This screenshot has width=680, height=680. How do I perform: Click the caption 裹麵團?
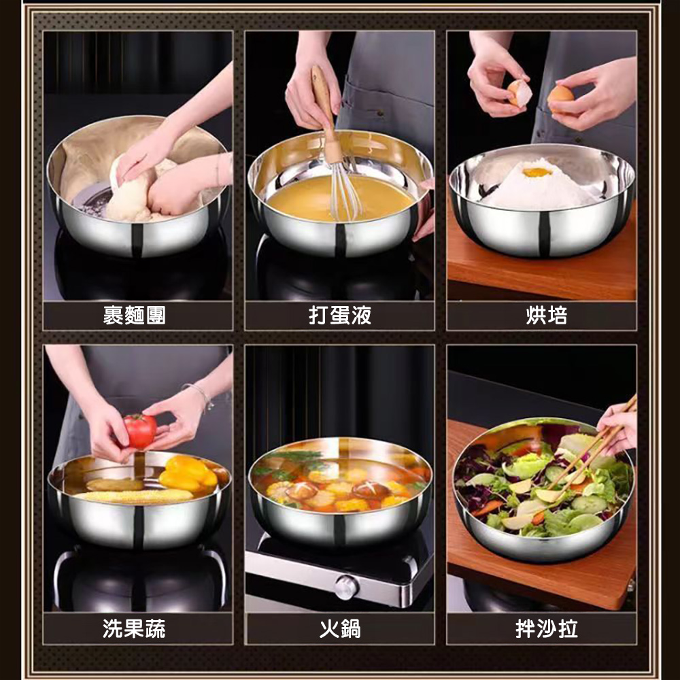click(x=135, y=316)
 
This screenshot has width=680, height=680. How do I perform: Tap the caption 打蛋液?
click(x=340, y=316)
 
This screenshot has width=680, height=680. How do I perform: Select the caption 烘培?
click(x=547, y=316)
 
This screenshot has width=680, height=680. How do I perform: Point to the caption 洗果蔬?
click(x=134, y=628)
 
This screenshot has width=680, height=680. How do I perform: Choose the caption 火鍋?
click(x=340, y=628)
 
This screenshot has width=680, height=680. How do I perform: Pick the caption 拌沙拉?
click(x=547, y=628)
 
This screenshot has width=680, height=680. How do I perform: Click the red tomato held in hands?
click(x=139, y=430)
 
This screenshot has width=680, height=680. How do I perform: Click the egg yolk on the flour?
click(x=537, y=172)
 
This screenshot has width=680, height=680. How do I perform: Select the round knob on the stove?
click(x=346, y=588)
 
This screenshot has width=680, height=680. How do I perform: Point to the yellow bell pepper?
click(x=188, y=473)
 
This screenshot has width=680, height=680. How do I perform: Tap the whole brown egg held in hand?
click(x=560, y=95)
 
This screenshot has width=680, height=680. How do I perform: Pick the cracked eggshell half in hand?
click(x=520, y=92)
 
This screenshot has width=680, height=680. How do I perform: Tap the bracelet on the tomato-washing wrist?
click(x=201, y=394)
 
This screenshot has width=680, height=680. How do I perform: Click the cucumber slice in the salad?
click(x=588, y=505)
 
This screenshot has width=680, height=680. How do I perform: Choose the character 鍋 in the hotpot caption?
click(x=351, y=628)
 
